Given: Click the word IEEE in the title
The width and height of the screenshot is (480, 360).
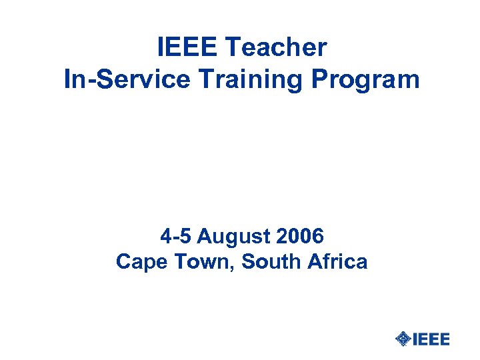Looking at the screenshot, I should (x=187, y=47).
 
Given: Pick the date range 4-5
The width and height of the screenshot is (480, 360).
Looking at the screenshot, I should (x=175, y=236).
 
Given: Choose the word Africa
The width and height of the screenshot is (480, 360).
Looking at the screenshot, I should (x=337, y=261).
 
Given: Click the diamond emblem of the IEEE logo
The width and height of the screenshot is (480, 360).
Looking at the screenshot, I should (x=403, y=339).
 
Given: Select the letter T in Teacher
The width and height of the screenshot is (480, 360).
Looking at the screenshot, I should (x=233, y=47).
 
